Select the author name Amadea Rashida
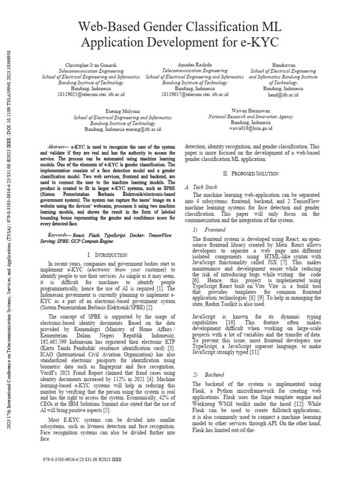(195, 64)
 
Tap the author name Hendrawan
(283, 64)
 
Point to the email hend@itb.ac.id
(283, 94)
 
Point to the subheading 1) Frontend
(209, 230)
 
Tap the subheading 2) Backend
(208, 375)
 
